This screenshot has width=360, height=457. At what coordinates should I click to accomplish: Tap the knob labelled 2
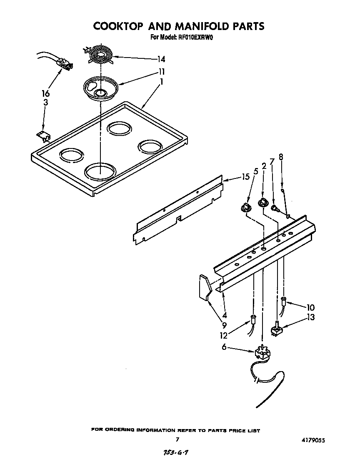click(262, 203)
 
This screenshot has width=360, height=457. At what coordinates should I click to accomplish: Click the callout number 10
click(310, 308)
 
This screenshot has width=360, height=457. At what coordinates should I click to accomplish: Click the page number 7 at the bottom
click(177, 439)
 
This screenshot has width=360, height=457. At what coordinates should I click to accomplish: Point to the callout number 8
click(281, 157)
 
